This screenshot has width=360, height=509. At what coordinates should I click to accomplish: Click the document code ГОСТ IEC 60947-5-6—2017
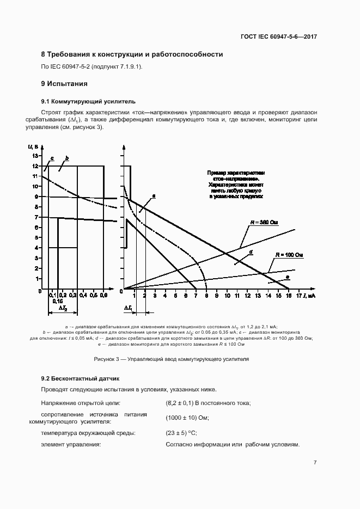pos(278,37)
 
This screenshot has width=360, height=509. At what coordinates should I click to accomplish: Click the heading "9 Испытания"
pos(64,84)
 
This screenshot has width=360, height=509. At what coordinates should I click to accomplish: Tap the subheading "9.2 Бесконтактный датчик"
pos(80,378)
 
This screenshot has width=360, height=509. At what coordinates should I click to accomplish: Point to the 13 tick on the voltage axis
pos(34,156)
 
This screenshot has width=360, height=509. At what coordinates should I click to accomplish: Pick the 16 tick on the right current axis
pos(288,295)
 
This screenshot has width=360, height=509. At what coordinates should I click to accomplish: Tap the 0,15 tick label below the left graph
pos(57,301)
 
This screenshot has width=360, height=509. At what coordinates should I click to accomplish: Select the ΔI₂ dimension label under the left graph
pos(63,308)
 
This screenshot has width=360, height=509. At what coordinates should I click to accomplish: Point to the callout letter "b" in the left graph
pos(66,158)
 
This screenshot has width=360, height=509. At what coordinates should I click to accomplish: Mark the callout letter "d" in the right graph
pos(250,253)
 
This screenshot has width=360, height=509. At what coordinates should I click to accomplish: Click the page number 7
pos(315,462)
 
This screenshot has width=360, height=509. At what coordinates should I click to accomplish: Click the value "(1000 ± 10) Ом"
pos(187,418)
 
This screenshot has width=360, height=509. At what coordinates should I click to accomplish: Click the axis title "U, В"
pos(31,146)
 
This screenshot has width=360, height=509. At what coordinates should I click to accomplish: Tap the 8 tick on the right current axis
pos(206,295)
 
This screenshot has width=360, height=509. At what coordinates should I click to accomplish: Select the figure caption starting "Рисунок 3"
pos(171,359)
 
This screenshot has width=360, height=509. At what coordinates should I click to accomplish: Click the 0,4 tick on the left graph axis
pos(83,295)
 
